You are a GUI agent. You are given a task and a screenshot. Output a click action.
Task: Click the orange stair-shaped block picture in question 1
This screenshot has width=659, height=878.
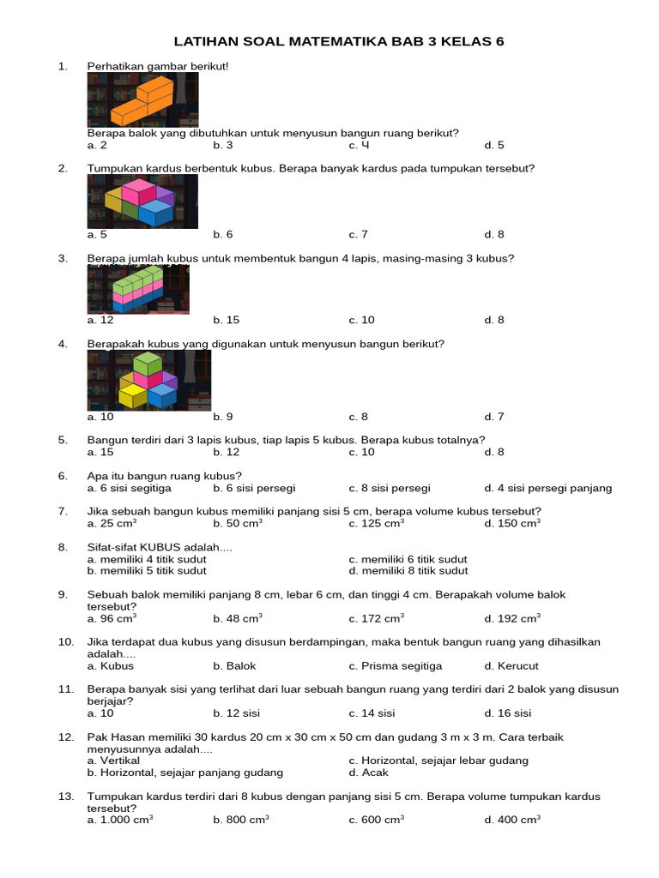(x=142, y=99)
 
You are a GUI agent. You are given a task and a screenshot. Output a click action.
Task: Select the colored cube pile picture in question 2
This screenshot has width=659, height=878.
(x=142, y=201)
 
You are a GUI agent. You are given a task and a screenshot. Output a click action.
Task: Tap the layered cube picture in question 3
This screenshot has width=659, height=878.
(x=137, y=289)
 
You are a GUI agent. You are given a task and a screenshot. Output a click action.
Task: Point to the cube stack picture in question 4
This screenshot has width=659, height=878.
(x=148, y=381)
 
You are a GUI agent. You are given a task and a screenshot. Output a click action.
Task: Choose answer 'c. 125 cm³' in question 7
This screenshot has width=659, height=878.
(x=376, y=523)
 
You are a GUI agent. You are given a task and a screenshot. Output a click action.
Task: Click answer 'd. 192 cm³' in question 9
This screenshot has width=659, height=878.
(x=511, y=618)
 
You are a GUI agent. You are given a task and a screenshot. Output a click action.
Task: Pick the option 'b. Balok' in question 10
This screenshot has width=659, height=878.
(x=234, y=665)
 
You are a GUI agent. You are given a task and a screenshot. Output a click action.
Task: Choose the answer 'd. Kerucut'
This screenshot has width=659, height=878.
(x=511, y=665)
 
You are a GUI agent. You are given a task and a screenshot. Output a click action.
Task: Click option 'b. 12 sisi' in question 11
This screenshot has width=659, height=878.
(x=236, y=713)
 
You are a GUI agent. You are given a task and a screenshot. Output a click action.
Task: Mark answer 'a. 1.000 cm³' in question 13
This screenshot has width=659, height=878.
(x=120, y=820)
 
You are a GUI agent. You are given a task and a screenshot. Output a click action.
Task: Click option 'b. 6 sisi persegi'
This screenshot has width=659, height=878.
(x=254, y=488)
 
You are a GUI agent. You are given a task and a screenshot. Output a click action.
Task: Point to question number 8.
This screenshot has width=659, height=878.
(x=63, y=547)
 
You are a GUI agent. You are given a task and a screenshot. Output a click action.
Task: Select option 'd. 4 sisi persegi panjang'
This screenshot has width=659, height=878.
(x=547, y=488)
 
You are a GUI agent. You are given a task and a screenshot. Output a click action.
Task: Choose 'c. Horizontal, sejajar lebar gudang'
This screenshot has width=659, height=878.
(x=438, y=761)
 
